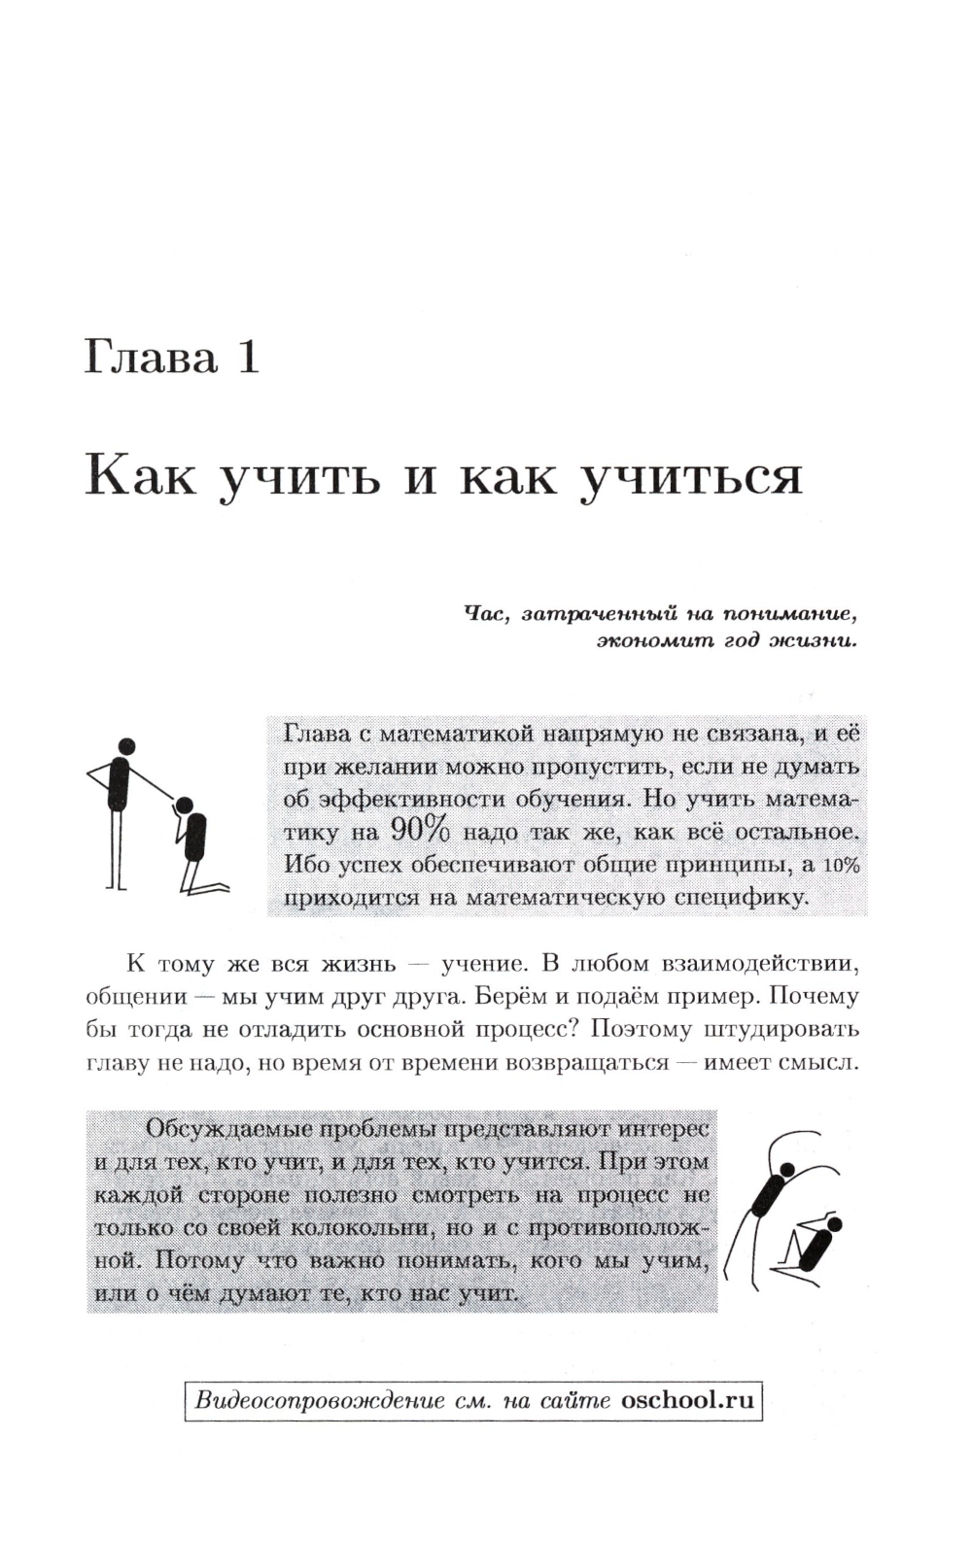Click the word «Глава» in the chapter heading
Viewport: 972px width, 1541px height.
tap(151, 358)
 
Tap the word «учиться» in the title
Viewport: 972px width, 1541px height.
tap(690, 478)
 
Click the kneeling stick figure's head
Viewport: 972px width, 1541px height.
tap(183, 803)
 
